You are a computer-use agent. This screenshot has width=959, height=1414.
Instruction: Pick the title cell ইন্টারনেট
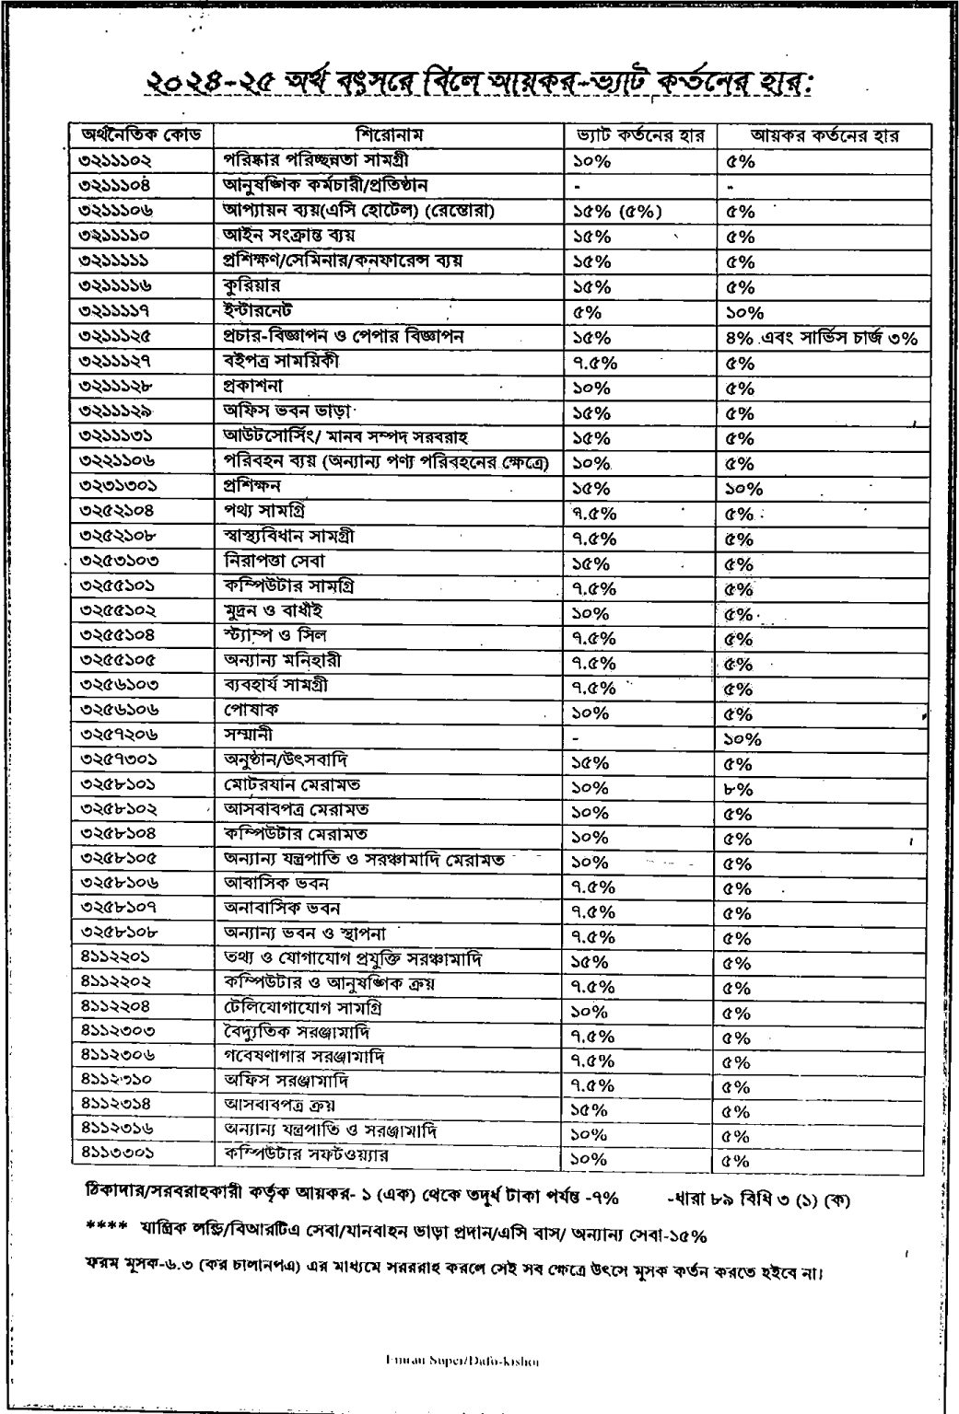259,311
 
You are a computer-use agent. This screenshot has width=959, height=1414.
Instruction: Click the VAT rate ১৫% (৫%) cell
616,211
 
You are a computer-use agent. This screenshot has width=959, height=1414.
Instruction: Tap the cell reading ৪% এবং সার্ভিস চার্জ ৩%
821,337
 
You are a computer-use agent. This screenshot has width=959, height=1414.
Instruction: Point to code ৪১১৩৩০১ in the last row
117,1153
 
